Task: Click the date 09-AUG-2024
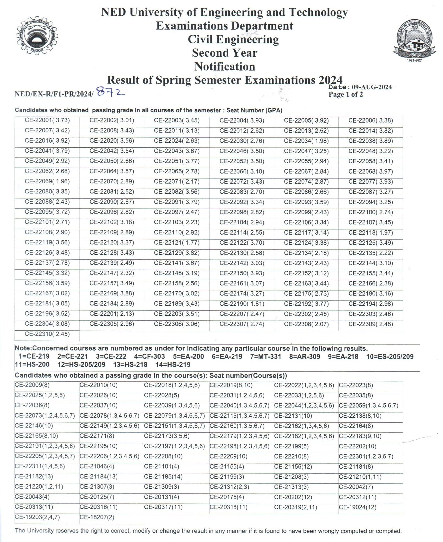(x=372, y=87)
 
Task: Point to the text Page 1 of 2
(x=346, y=94)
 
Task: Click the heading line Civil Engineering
(x=233, y=39)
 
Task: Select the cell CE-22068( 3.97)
(x=371, y=171)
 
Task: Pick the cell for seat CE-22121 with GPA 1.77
(x=176, y=243)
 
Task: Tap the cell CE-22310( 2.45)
(x=47, y=334)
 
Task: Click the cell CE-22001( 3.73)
(x=47, y=120)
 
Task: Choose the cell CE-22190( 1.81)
(x=242, y=304)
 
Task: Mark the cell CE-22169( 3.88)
(x=112, y=293)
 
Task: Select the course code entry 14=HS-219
(x=173, y=365)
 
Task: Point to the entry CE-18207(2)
(x=97, y=517)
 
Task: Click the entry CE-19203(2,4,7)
(x=37, y=517)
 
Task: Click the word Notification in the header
(x=224, y=66)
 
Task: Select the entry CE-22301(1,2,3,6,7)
(x=366, y=456)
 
